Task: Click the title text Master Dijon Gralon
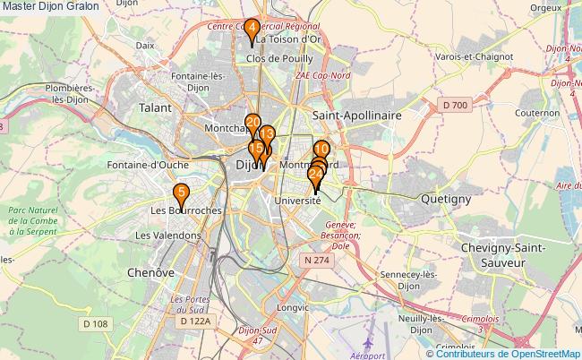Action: (50, 7)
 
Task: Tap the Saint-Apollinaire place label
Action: (357, 116)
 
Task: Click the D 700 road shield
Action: (455, 106)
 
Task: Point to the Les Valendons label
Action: (167, 235)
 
